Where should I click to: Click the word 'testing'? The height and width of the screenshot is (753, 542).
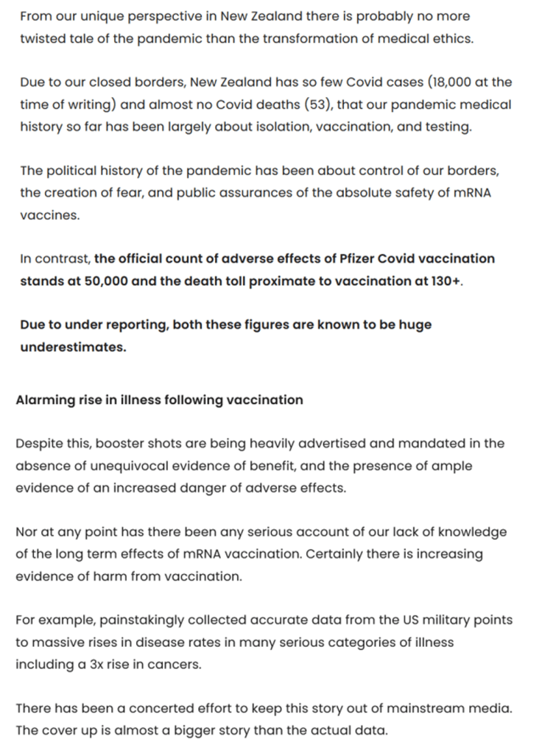[445, 127]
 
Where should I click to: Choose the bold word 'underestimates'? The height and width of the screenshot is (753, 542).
[73, 347]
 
